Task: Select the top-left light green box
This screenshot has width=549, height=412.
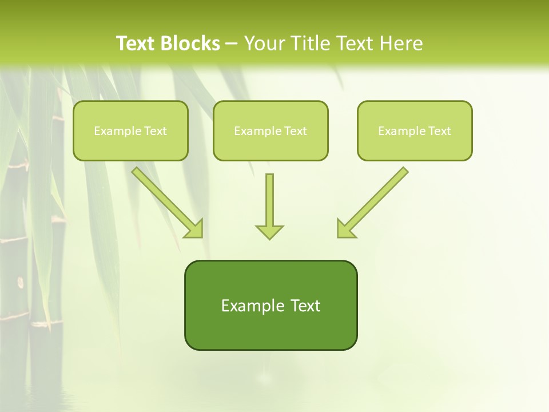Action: coord(130,130)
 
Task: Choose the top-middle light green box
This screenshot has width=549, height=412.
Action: coord(270,130)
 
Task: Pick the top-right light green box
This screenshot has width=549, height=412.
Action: coord(415,130)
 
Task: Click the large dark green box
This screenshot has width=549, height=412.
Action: coord(270,305)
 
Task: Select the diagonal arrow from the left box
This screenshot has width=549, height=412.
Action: coord(166,201)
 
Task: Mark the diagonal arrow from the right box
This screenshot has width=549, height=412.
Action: coord(375,201)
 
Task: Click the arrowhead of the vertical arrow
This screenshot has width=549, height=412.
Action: coord(269,231)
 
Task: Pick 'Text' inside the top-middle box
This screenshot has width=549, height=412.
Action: coord(296,131)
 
